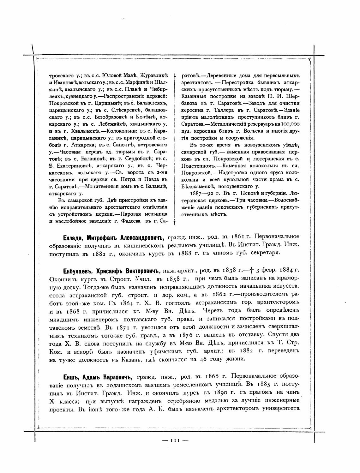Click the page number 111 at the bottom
point(175,440)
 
